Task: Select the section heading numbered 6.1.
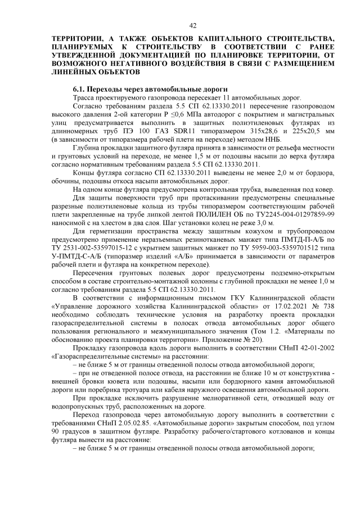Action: click(150, 89)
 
